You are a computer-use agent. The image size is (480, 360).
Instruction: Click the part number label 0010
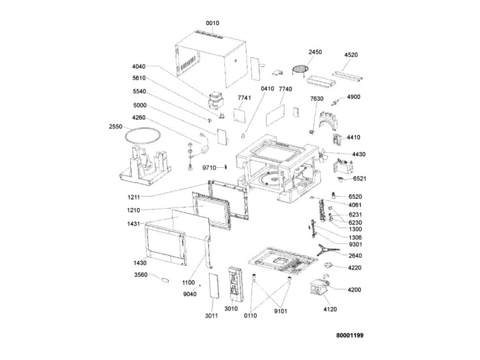[x=212, y=23]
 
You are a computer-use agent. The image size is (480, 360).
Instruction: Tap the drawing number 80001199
[x=350, y=336]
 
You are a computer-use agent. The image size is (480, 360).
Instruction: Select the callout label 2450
[x=315, y=52]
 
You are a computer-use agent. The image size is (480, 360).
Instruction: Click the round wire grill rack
[x=300, y=69]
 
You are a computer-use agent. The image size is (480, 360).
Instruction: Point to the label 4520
[x=351, y=55]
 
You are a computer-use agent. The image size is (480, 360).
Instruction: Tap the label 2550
[x=116, y=126]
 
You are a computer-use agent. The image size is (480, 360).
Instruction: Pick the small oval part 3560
[x=165, y=280]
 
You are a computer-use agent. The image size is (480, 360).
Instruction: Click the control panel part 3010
[x=235, y=282]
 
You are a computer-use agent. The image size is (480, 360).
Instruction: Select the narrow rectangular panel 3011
[x=214, y=286]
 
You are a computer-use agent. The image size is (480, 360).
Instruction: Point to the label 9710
[x=209, y=168]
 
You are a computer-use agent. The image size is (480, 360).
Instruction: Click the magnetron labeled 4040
[x=215, y=100]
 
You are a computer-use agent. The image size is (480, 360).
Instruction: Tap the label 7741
[x=244, y=98]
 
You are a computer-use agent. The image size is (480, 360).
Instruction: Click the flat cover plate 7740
[x=275, y=115]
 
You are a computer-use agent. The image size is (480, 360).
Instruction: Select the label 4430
[x=359, y=154]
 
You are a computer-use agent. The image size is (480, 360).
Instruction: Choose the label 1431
[x=134, y=224]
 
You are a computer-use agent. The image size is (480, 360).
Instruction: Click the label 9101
[x=281, y=311]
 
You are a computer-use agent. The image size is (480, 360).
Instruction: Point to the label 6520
[x=355, y=197]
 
